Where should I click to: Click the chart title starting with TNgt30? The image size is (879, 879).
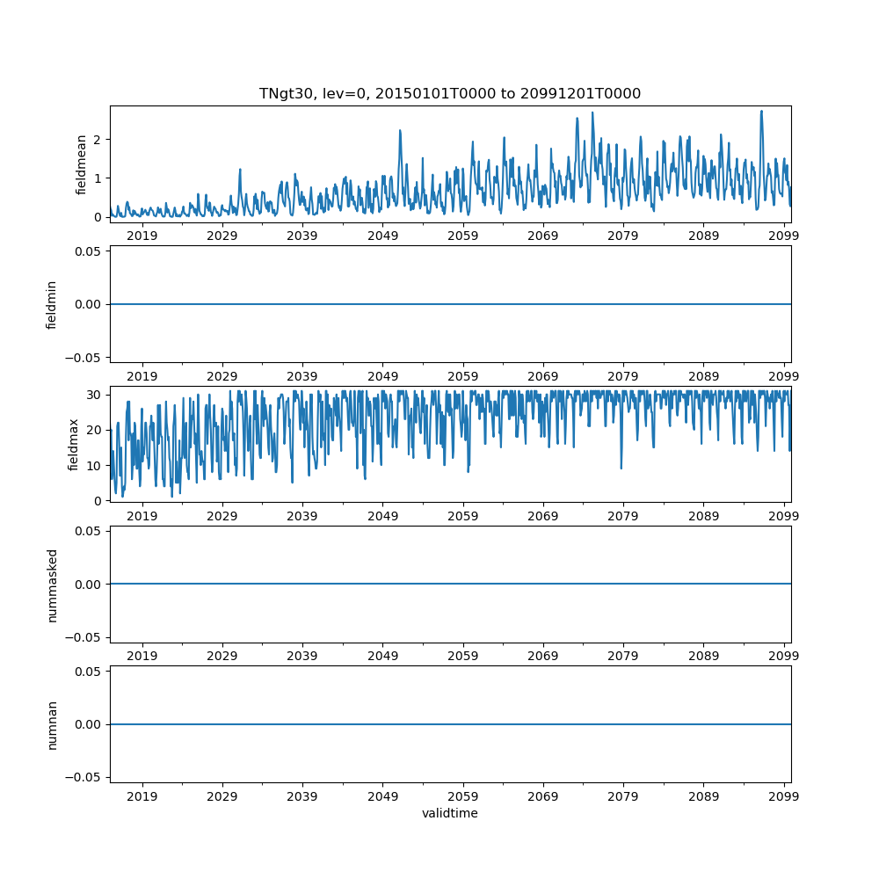pos(449,93)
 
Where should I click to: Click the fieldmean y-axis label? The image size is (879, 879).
pos(81,163)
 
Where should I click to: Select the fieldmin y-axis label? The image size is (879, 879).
pos(52,304)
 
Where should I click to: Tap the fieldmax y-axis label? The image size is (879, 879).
pos(75,444)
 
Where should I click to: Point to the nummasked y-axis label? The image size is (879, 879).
pos(52,584)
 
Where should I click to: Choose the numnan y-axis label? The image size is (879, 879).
pos(52,724)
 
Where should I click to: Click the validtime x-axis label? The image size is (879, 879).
pos(449,813)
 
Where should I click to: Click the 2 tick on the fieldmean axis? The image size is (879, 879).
pos(98,140)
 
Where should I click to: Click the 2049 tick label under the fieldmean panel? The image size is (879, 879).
pos(382,236)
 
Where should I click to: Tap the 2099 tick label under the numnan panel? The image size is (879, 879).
pos(783,796)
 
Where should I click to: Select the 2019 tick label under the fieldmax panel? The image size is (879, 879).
pos(142,516)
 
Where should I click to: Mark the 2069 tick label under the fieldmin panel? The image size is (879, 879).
pos(542,375)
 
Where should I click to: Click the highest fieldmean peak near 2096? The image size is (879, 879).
pos(761,112)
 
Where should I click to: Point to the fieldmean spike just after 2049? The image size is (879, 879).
pos(400,131)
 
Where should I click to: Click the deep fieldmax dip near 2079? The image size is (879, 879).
pos(621,468)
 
